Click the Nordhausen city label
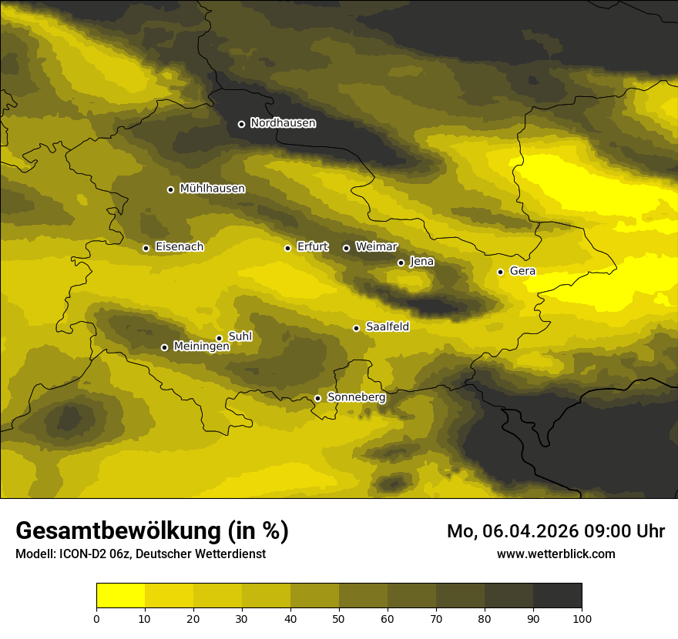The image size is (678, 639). pos(283,123)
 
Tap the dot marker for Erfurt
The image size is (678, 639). pos(287,248)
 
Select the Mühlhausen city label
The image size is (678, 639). pos(212,189)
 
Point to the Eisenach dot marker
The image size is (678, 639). pos(146,248)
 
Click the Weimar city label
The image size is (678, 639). pos(376,247)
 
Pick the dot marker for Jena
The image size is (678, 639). pos(401,263)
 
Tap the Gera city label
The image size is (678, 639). pos(522,271)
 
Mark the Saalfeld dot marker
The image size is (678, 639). pos(356,328)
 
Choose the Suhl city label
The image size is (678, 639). pos(240,336)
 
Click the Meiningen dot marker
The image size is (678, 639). pos(164,347)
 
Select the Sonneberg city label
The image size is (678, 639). pos(356,397)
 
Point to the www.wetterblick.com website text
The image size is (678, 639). pos(555,554)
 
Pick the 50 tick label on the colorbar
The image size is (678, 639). pos(339,617)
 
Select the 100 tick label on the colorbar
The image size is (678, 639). pos(582,617)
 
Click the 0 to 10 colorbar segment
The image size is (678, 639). pos(120,596)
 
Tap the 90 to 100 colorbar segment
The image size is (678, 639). pos(557,596)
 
